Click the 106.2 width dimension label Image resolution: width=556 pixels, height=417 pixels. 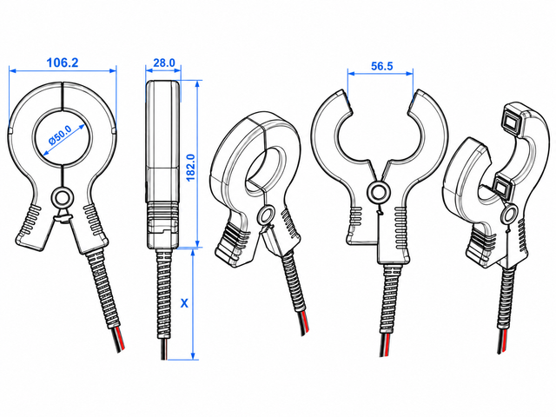point(63,63)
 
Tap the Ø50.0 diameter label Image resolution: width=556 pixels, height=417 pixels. point(61,135)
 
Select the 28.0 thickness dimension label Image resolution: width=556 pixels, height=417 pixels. point(164,63)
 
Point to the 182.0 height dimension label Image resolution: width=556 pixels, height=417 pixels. point(190,168)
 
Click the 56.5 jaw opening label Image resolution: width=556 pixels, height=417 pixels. point(382,66)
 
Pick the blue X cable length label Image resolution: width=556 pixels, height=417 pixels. point(184,303)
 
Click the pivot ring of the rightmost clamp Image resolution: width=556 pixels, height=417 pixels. point(510,215)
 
